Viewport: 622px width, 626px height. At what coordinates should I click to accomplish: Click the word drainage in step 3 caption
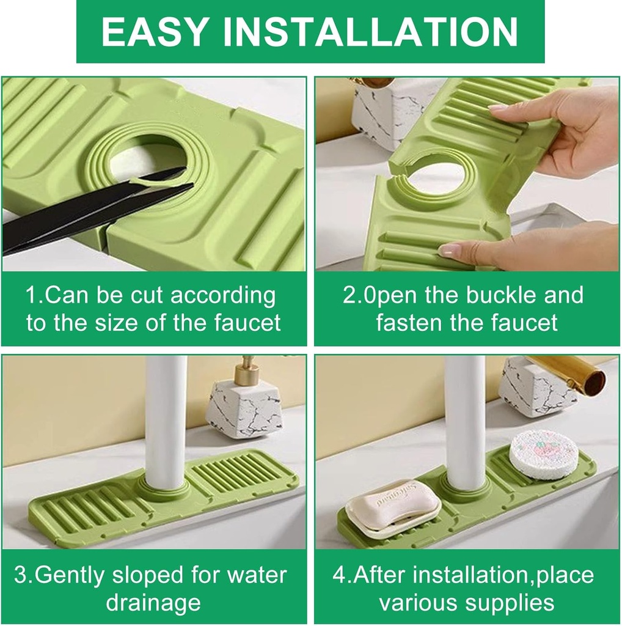153,603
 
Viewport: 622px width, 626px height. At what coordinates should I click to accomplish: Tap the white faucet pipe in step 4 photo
465,416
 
